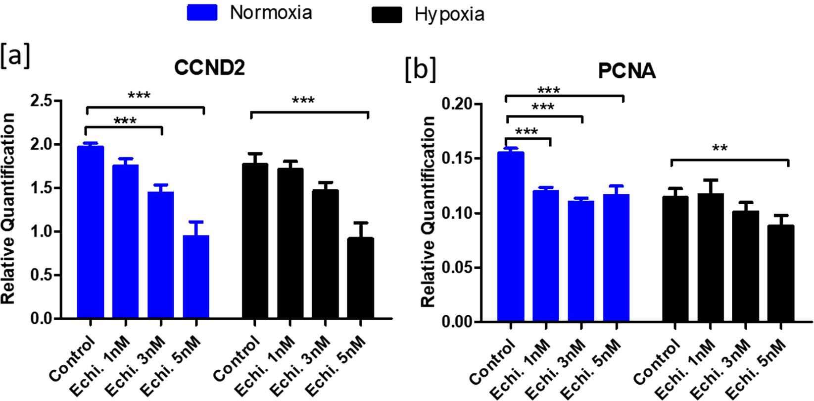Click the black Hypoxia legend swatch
tap(386, 14)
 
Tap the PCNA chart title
tap(627, 71)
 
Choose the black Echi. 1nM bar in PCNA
tap(710, 258)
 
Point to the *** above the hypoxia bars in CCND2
tap(303, 102)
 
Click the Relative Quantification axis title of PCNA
tap(429, 212)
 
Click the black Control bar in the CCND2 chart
tap(255, 241)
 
